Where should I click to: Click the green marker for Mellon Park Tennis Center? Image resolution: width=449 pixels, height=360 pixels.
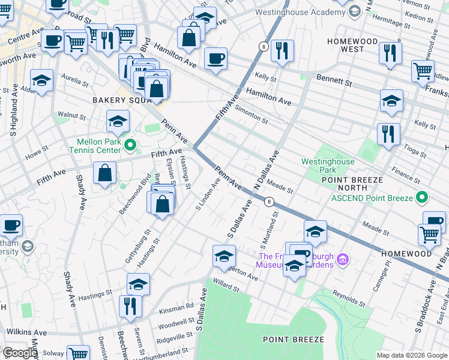pos(127,145)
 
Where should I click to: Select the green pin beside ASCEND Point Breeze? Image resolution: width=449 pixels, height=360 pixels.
pos(421,197)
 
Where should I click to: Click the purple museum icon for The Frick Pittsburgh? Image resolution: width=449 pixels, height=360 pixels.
pos(343,260)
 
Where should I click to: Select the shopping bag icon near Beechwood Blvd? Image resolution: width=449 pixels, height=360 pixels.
pos(104,173)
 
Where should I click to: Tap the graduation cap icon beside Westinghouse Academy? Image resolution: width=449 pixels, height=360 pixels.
pos(355,11)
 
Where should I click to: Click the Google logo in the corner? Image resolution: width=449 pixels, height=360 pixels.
pos(19,353)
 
